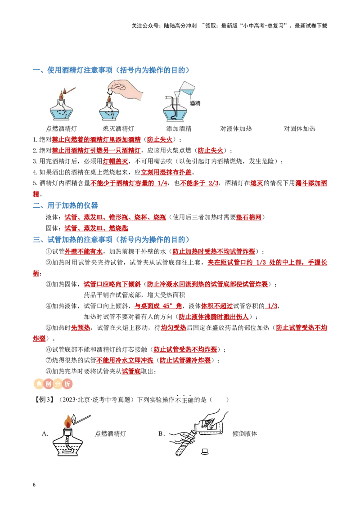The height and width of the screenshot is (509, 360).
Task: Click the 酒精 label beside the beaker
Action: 195,103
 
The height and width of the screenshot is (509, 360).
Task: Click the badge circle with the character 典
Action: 39,384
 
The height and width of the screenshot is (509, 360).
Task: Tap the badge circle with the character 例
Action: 49,384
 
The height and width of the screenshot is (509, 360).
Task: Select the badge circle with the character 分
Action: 58,384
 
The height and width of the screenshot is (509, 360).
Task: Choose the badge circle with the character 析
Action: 67,384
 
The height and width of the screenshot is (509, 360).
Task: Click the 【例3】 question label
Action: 44,399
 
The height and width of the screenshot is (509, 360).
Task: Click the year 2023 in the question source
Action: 69,399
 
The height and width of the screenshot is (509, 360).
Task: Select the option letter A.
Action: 45,434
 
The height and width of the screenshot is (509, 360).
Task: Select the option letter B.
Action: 161,434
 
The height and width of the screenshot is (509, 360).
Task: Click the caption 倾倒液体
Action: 245,434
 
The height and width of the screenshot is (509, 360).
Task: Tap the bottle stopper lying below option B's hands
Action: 205,451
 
